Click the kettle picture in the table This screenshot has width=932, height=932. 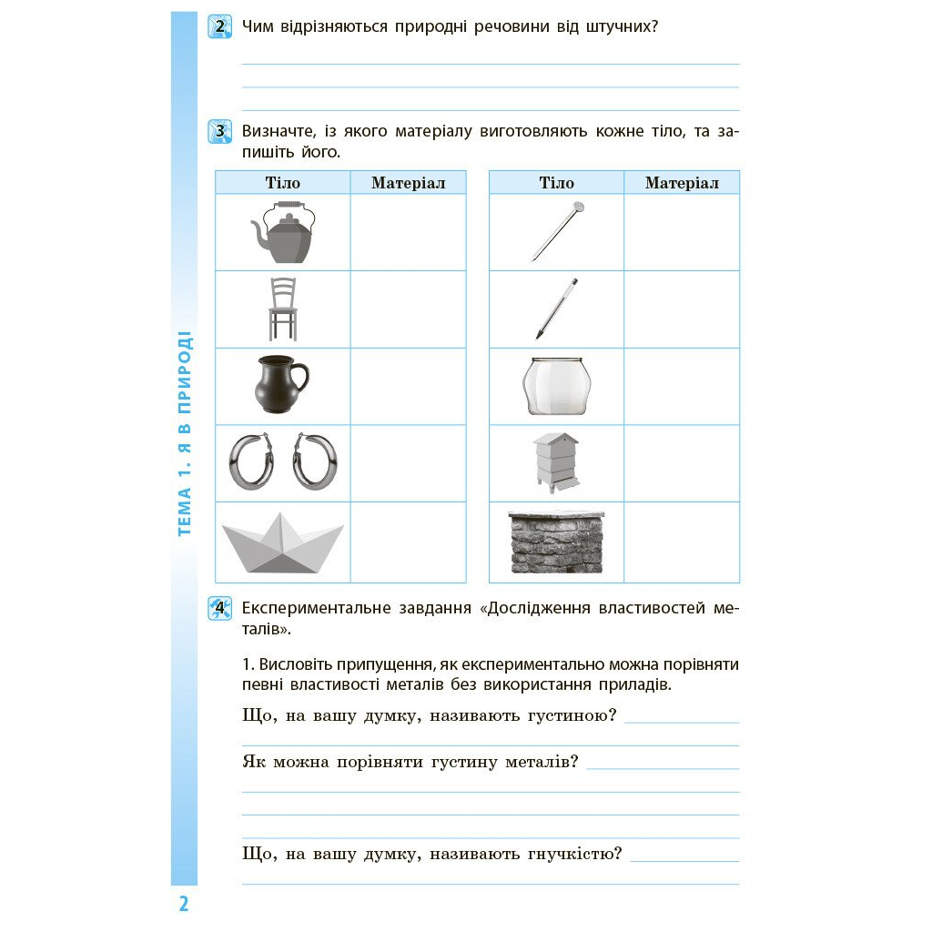282,232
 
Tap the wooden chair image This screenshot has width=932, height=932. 282,309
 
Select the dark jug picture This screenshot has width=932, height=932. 280,385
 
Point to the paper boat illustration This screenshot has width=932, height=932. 282,543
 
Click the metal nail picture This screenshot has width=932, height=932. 556,231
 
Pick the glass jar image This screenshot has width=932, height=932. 556,386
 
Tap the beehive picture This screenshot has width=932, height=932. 556,462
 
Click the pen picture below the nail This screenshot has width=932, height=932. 556,309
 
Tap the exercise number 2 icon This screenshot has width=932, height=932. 219,27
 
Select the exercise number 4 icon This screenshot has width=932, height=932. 219,608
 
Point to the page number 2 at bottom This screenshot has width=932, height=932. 183,904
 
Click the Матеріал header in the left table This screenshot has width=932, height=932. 408,183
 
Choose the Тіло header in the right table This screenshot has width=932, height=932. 556,183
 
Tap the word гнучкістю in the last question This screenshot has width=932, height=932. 577,854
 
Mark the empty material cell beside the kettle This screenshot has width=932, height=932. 408,232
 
